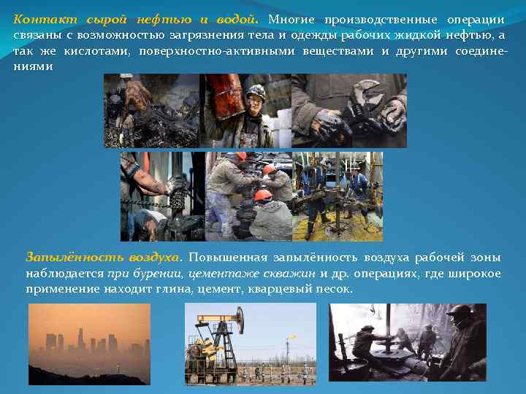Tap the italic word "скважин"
click(x=292, y=274)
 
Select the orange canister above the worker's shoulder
click(x=219, y=102)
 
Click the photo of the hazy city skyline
click(x=89, y=343)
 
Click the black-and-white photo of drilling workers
click(x=407, y=343)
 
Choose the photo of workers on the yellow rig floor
click(x=337, y=196)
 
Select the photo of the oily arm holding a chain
click(x=162, y=196)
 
